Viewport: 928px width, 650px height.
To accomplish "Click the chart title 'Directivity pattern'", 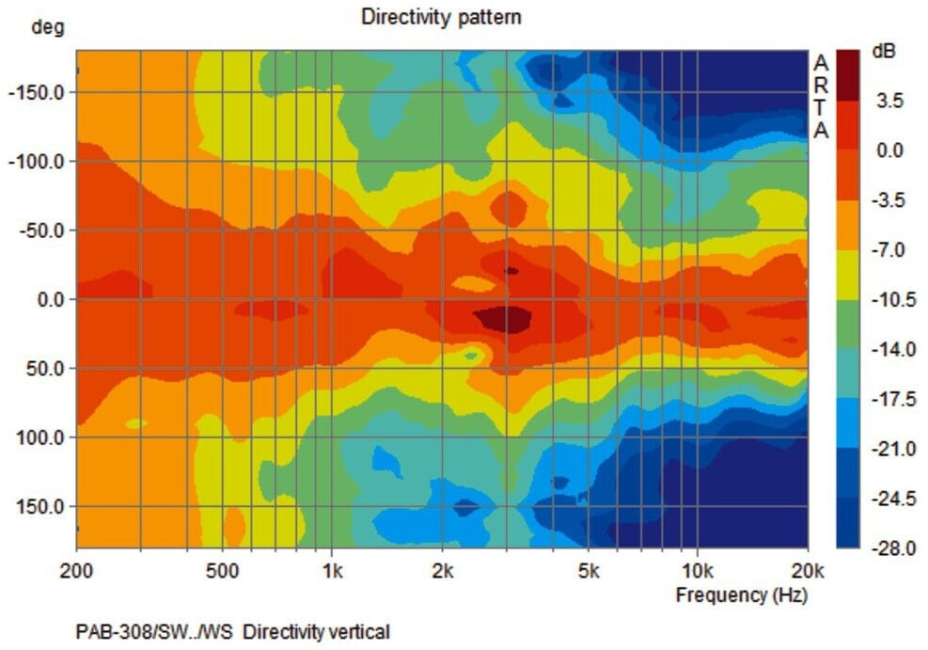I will pyautogui.click(x=441, y=17).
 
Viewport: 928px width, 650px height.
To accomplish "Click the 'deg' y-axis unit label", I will pyautogui.click(x=47, y=26).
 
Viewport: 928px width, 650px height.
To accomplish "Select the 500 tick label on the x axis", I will pyautogui.click(x=223, y=570).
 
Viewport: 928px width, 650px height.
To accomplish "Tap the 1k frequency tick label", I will pyautogui.click(x=331, y=570).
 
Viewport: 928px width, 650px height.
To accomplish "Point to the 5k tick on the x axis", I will pyautogui.click(x=588, y=570).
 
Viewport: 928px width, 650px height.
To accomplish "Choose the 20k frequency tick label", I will pyautogui.click(x=807, y=570).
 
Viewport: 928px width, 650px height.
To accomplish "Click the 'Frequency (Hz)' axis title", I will pyautogui.click(x=741, y=595).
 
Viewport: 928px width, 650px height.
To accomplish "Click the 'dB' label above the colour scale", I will pyautogui.click(x=884, y=52).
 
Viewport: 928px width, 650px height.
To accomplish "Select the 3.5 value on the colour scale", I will pyautogui.click(x=889, y=101).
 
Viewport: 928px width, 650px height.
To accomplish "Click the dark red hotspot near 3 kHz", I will pyautogui.click(x=505, y=318).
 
